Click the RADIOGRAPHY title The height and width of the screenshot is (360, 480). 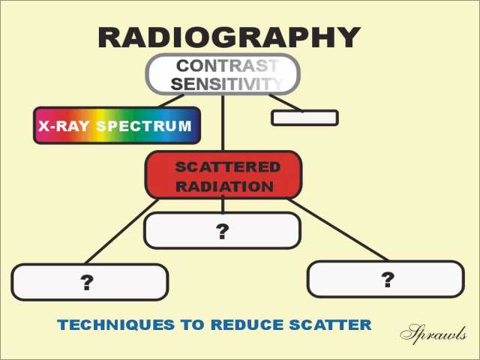[229, 37]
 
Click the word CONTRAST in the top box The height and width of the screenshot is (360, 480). [227, 65]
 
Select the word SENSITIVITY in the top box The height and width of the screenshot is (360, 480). [226, 83]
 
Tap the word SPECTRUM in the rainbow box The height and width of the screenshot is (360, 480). [144, 126]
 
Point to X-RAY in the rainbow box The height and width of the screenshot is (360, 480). [63, 126]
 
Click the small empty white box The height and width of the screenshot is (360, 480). [305, 118]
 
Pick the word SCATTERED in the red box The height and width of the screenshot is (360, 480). [228, 167]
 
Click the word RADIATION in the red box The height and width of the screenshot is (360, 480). [225, 187]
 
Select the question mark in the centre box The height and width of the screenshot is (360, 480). [223, 232]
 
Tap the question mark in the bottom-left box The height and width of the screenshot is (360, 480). [87, 283]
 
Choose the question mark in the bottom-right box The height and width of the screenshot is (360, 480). [388, 280]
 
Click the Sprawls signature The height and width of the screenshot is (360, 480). [433, 334]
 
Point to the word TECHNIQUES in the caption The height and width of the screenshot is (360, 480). [115, 325]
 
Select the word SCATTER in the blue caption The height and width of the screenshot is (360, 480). [331, 325]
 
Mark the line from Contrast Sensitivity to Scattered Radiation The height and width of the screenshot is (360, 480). [223, 123]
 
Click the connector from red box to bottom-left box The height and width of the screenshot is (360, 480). [121, 232]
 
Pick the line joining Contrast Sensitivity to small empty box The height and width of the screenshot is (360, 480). [286, 103]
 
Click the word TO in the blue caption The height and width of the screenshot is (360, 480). [193, 325]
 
